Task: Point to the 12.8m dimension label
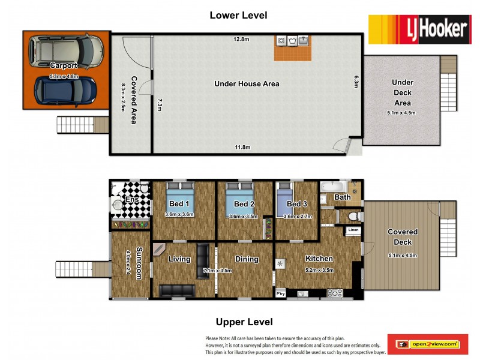click(242, 40)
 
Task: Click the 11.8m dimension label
click(242, 148)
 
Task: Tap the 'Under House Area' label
click(247, 84)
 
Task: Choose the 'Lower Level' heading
click(238, 15)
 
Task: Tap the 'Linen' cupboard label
click(353, 230)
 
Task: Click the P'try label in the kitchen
click(280, 293)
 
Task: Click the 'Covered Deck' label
click(403, 236)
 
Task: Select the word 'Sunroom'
click(139, 263)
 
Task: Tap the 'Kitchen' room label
click(319, 259)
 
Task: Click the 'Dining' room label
click(247, 259)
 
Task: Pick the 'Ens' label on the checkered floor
click(131, 200)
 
